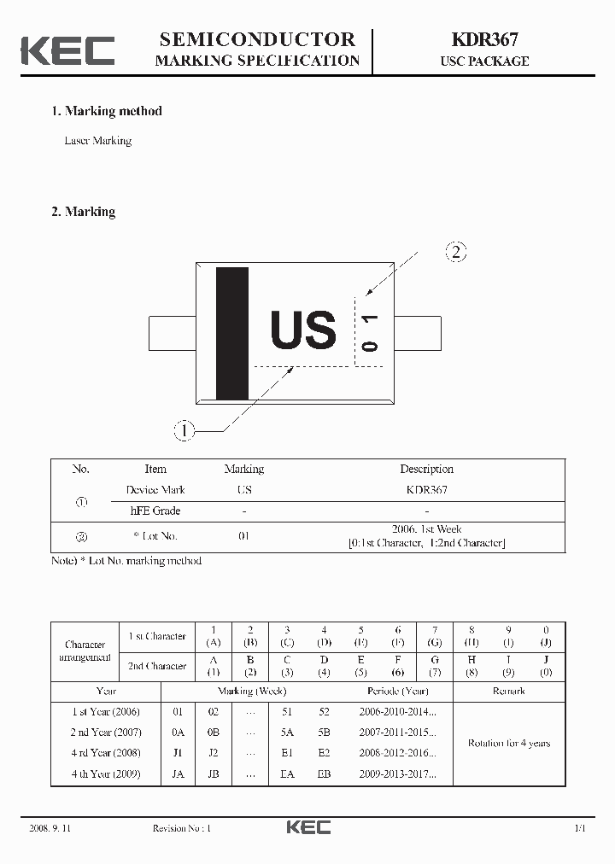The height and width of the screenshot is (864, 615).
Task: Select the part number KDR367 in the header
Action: [x=484, y=39]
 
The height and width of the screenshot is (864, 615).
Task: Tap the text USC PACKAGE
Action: [x=484, y=61]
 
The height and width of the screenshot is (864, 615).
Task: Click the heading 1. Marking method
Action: [x=107, y=111]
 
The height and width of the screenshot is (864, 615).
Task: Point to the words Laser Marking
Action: [x=98, y=141]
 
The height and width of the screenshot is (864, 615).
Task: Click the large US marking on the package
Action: [x=303, y=331]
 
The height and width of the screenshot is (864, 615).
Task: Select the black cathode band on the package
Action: [x=232, y=333]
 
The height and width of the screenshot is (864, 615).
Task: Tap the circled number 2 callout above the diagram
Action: [x=457, y=251]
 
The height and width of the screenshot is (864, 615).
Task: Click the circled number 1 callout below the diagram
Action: [x=184, y=430]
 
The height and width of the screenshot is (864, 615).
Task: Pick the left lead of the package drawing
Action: [x=172, y=333]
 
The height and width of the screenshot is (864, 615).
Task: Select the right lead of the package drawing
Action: [x=418, y=333]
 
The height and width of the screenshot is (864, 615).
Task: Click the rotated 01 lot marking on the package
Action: [x=371, y=332]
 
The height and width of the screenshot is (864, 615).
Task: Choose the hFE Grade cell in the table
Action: [x=155, y=511]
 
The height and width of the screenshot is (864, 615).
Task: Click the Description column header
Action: [x=426, y=469]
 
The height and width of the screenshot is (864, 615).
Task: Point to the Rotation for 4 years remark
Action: [x=509, y=743]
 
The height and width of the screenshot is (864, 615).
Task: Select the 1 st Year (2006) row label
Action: [x=106, y=711]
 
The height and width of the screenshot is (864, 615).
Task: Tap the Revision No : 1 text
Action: [x=181, y=828]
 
